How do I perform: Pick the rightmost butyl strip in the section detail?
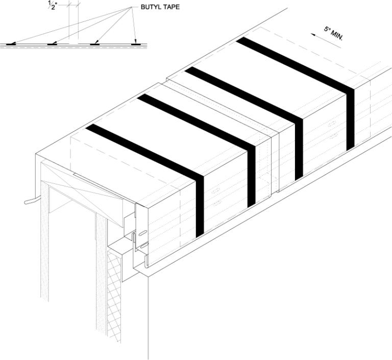click(135, 44)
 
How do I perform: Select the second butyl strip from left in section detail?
click(52, 44)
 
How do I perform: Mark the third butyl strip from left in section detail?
click(94, 44)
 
